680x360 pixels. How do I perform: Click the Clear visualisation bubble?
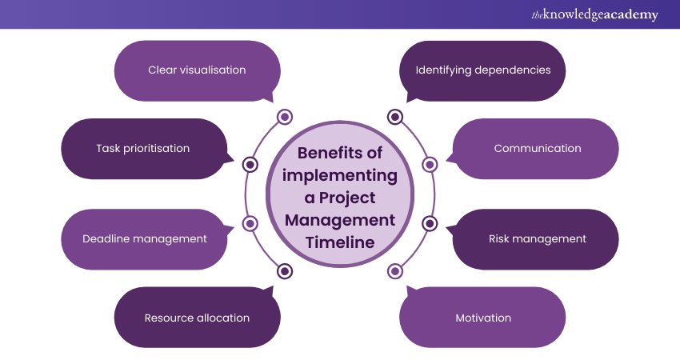197,70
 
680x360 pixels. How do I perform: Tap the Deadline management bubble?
144,238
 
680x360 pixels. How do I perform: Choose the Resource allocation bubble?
197,318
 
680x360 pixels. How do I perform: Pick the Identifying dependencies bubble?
482,70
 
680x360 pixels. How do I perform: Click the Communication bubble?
537,148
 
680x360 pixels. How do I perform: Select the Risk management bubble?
537,238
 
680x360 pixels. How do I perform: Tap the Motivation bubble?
482,318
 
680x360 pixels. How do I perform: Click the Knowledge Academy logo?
594,14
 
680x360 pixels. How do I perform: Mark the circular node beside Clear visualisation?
284,118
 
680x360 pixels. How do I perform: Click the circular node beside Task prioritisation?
250,165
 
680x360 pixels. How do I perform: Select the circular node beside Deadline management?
250,223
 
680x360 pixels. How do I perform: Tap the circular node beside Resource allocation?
284,271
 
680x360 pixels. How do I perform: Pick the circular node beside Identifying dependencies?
395,118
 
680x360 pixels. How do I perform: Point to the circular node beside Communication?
430,165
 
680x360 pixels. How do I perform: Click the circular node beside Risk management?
430,223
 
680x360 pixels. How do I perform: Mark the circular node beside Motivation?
395,271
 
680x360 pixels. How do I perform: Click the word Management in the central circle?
340,219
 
